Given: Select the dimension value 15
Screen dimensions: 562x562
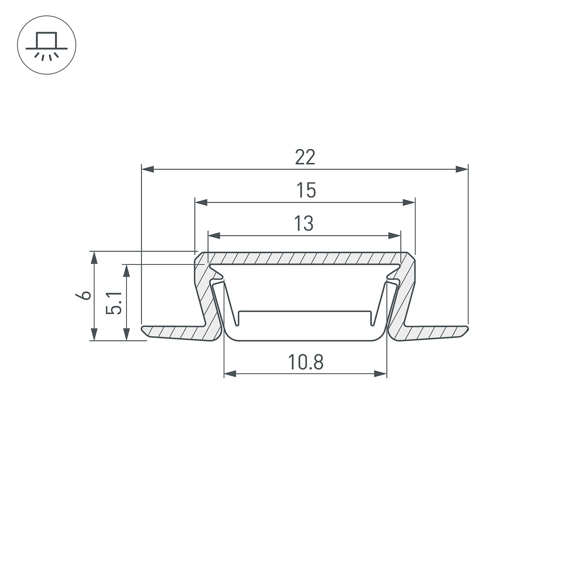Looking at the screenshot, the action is click(x=306, y=190).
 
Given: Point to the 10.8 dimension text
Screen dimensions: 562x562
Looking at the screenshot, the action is click(x=306, y=362).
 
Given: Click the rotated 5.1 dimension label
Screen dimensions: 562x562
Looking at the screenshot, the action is click(x=114, y=303).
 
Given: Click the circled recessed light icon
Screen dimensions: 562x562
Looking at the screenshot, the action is click(x=47, y=45).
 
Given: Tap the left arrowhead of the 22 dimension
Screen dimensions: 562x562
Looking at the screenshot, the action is click(x=148, y=169).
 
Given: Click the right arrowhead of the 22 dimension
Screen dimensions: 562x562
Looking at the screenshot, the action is click(x=462, y=169).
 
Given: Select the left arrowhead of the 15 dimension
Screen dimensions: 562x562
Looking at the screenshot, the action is click(x=201, y=202).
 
